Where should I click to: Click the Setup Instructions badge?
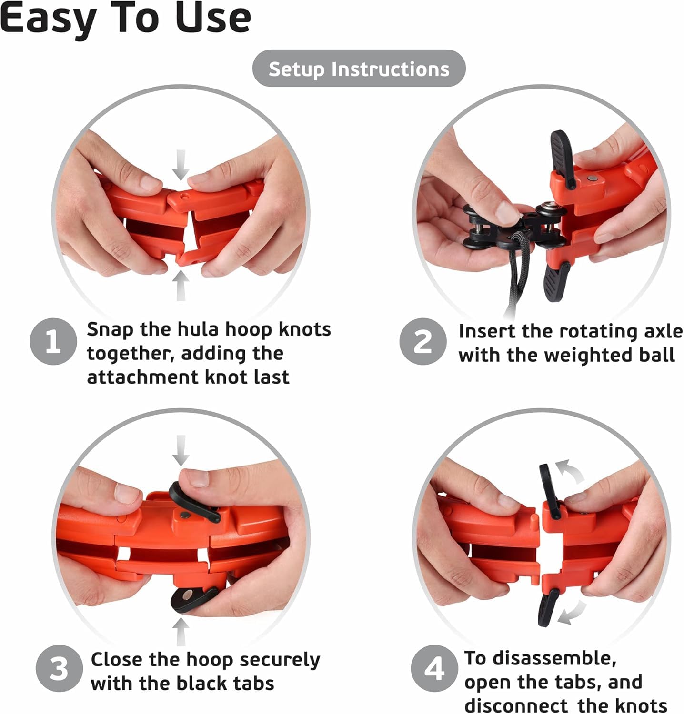pos(359,69)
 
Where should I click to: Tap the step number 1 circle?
pos(53,341)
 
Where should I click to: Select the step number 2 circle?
pos(423,341)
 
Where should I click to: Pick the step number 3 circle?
pos(59,668)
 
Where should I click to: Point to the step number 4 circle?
pos(434,668)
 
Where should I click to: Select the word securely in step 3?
pos(280,661)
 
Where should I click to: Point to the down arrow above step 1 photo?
pos(181,165)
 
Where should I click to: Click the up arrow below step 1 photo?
pos(181,286)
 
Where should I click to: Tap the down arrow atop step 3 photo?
pos(181,450)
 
